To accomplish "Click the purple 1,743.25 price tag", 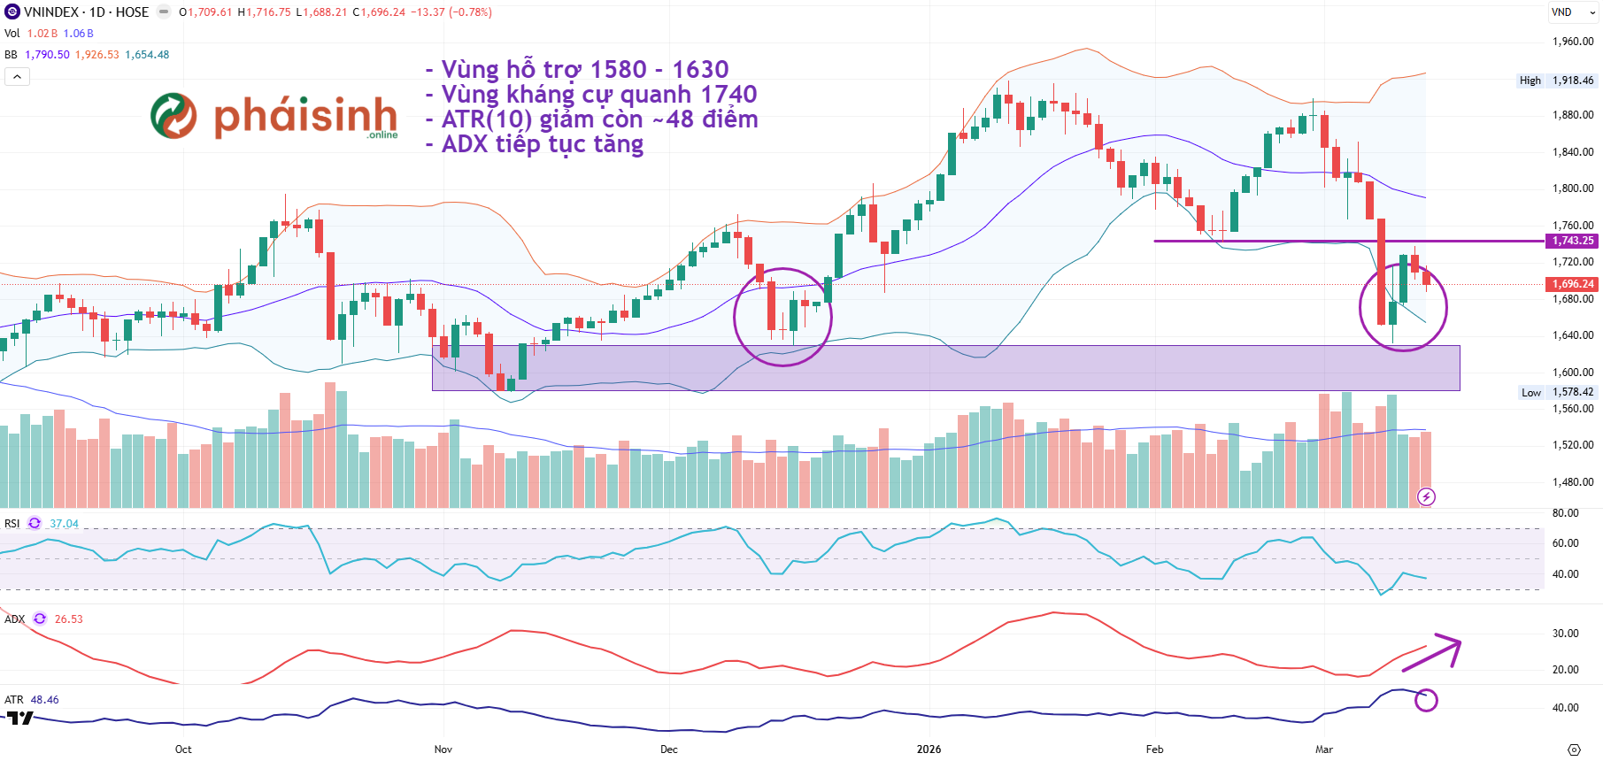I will tap(1572, 241).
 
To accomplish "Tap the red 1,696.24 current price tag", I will tap(1572, 284).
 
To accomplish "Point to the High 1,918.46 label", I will tap(1556, 81).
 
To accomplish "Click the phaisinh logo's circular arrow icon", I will tap(173, 116).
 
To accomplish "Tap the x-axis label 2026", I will tap(929, 749).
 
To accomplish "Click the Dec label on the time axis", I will tap(669, 749).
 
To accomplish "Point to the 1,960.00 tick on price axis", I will tap(1573, 42).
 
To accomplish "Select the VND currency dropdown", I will tap(1572, 12).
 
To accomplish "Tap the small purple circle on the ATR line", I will tap(1426, 700).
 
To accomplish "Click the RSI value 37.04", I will tap(64, 524).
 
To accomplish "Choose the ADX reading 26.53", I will tap(68, 619).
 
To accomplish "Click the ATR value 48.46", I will tap(44, 700).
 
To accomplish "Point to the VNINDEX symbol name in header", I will tap(51, 12).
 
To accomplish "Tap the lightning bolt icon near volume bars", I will tap(1426, 497).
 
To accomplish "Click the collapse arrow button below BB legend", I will tap(17, 77).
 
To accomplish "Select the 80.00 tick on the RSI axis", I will tap(1565, 513).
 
